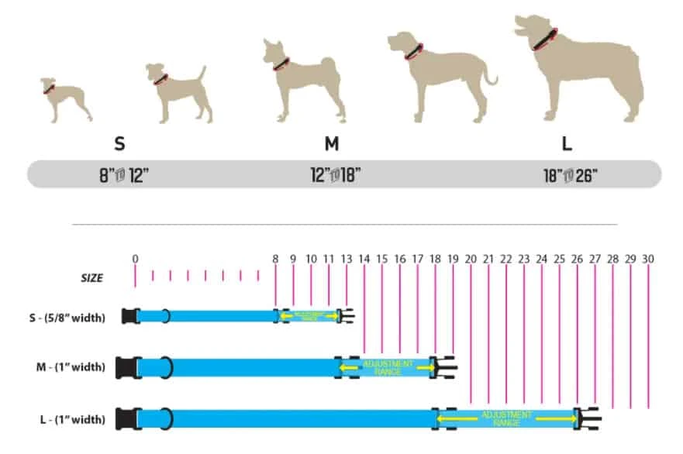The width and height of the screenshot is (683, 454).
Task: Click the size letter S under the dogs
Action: pyautogui.click(x=119, y=144)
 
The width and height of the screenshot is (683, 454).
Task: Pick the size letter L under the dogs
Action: pyautogui.click(x=567, y=144)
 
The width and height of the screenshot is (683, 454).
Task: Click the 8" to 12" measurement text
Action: pyautogui.click(x=119, y=175)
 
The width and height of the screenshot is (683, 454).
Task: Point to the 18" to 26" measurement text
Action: pyautogui.click(x=567, y=175)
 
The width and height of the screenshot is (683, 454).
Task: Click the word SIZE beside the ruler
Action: pyautogui.click(x=92, y=277)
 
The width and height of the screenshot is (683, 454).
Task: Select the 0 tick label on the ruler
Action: pyautogui.click(x=136, y=259)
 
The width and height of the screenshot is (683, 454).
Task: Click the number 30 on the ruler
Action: pyautogui.click(x=648, y=259)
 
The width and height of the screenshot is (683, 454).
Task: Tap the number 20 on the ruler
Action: pyautogui.click(x=471, y=259)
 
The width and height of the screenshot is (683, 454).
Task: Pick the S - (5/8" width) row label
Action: pyautogui.click(x=64, y=316)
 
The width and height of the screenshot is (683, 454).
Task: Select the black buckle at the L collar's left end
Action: pyautogui.click(x=126, y=419)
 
